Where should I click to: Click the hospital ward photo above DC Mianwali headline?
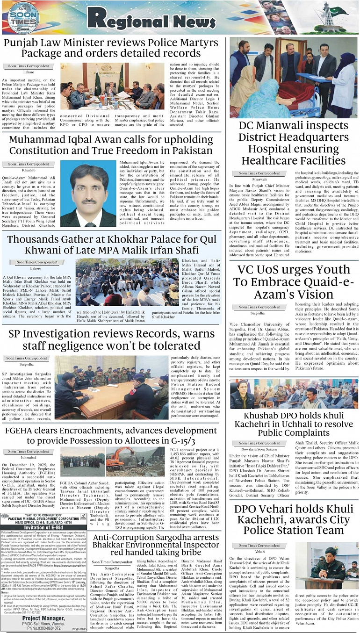coord(294,77)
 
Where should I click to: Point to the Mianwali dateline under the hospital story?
coord(259,179)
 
